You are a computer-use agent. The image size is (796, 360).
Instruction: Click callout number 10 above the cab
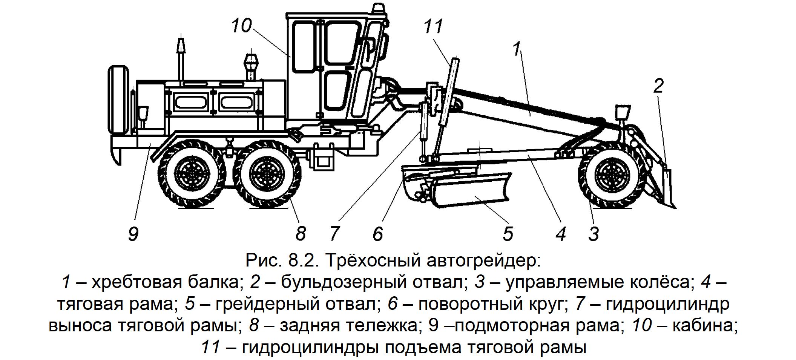point(241,25)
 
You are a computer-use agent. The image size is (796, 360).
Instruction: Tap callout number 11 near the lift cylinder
point(433,27)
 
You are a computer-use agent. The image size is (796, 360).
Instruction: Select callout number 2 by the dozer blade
point(658,86)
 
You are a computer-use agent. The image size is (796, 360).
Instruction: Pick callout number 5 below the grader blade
point(508,234)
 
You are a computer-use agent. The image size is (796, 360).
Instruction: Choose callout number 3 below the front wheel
point(593,234)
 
